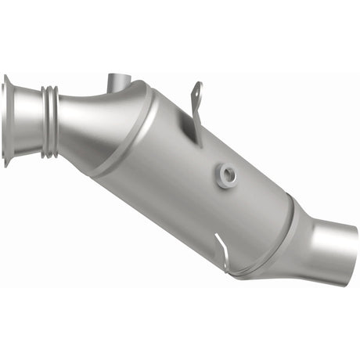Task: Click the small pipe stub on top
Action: coord(117,84)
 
